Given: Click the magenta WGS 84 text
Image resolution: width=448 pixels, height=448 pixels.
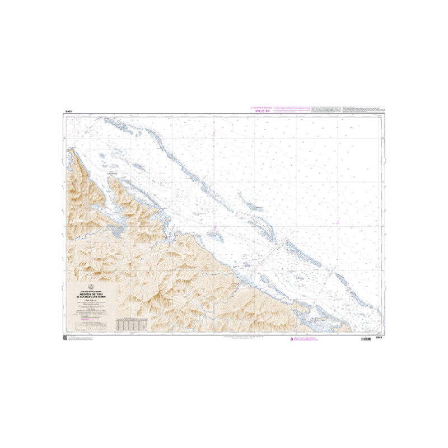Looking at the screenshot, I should click(263, 110).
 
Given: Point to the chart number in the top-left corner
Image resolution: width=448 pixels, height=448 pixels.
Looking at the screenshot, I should click(67, 112).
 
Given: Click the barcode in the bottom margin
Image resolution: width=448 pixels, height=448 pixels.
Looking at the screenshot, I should click(366, 339).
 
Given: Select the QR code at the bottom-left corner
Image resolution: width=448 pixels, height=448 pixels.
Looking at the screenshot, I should click(65, 338).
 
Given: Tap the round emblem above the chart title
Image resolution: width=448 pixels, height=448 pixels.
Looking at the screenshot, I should click(90, 287).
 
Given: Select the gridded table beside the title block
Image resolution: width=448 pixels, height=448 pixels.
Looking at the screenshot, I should click(132, 324).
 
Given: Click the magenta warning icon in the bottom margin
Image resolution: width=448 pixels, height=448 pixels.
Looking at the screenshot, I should click(291, 339).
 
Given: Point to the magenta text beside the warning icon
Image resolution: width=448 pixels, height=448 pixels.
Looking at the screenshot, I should click(309, 339).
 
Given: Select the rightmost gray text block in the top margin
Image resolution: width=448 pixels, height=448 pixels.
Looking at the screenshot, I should click(361, 108).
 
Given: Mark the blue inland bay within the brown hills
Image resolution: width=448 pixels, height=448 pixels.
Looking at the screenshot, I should click(117, 231).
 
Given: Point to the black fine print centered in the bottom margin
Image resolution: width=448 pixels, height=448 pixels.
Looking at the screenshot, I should click(246, 338).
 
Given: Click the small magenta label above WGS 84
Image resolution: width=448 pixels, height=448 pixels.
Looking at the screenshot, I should click(262, 106).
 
